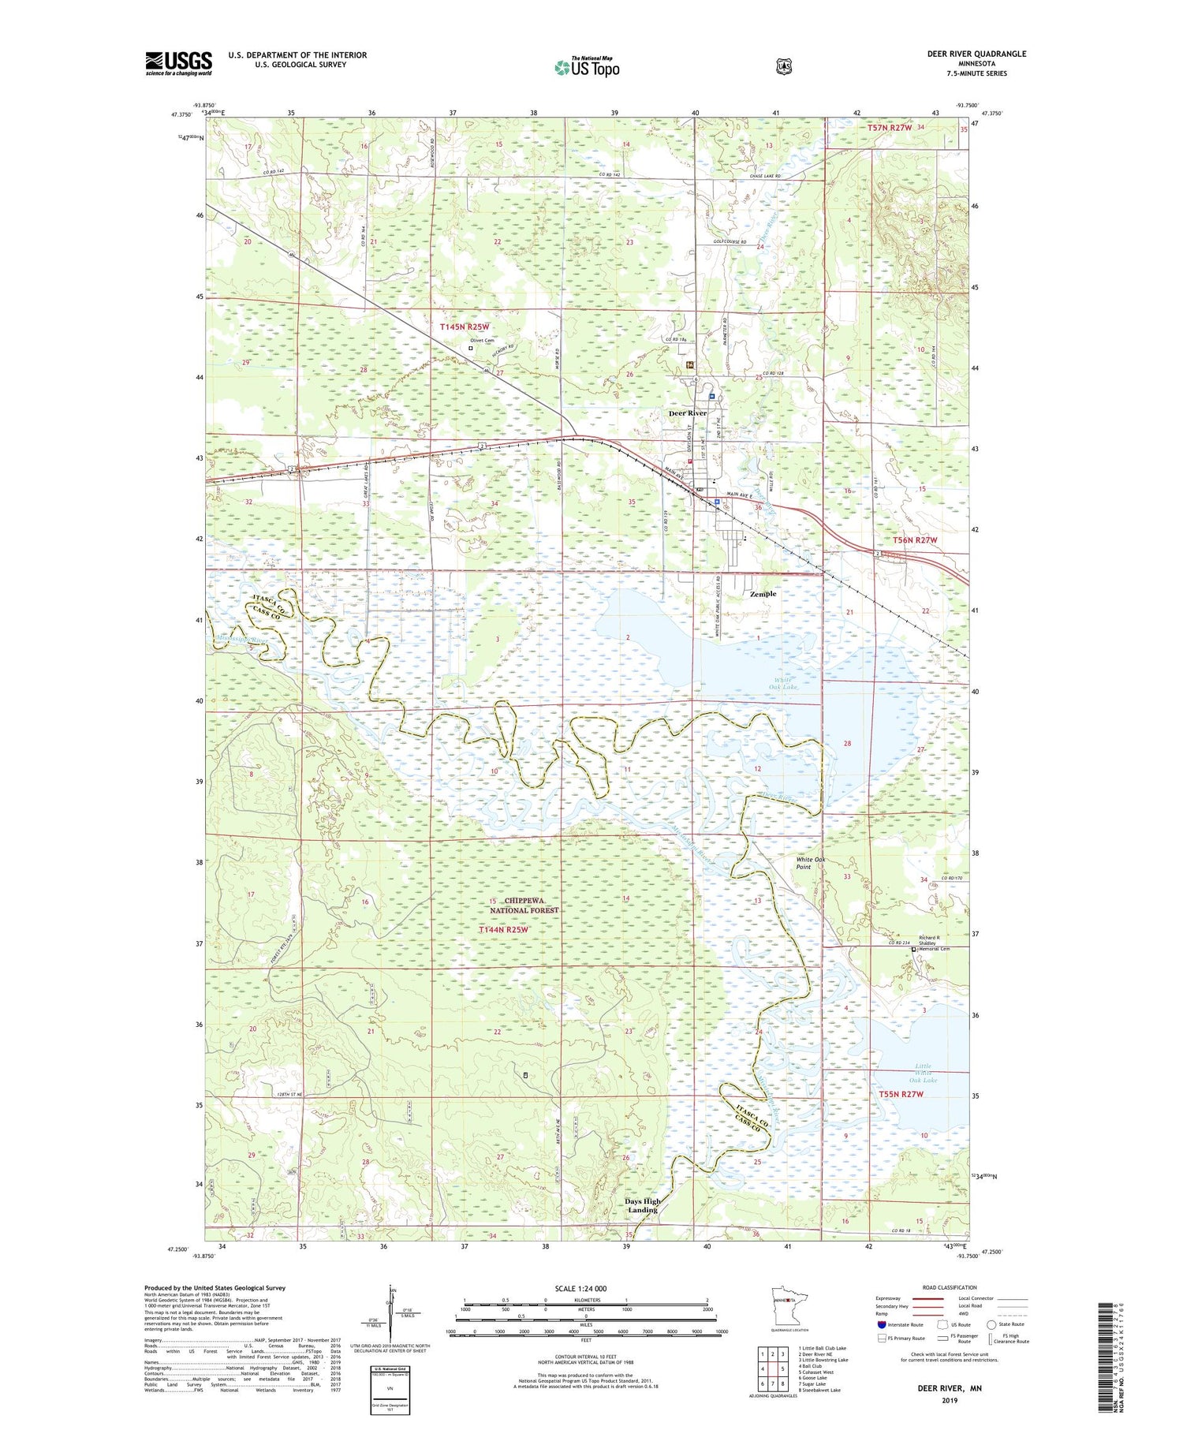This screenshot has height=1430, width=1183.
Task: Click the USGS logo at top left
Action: tap(179, 63)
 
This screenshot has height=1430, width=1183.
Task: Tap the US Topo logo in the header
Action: tap(587, 67)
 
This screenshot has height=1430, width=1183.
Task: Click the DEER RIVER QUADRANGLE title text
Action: tap(976, 54)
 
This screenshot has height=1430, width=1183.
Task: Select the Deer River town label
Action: tap(687, 413)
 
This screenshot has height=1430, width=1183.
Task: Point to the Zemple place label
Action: tap(763, 594)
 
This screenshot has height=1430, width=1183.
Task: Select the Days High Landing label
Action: tap(643, 1205)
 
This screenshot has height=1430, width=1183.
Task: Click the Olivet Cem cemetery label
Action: tap(482, 340)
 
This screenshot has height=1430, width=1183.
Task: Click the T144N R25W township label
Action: tap(503, 930)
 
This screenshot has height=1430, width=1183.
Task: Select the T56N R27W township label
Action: tap(915, 540)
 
